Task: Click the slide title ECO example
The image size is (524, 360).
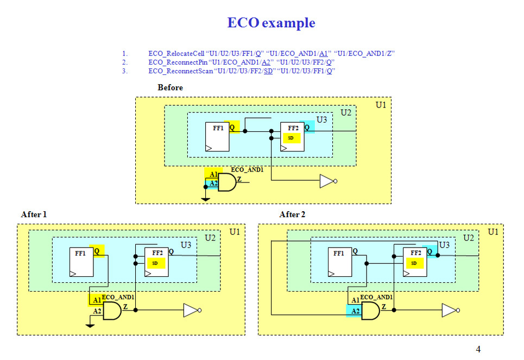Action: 271,23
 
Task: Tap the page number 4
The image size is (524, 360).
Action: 478,349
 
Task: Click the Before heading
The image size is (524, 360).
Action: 170,87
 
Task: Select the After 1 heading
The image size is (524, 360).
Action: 34,214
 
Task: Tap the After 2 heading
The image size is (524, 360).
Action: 292,214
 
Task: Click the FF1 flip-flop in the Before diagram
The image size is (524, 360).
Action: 217,137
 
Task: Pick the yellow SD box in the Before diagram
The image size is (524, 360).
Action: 291,138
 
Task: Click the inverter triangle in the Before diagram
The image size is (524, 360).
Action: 326,181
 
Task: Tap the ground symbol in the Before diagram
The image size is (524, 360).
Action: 205,199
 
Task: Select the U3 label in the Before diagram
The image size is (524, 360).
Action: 321,119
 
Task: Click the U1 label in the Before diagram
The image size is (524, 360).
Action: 381,105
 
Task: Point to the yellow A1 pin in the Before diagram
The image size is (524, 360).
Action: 213,174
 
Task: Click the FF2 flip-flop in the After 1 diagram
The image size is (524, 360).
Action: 156,262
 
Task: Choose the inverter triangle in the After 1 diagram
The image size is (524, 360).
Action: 191,311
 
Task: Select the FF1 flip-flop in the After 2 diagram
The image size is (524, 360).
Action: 340,262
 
